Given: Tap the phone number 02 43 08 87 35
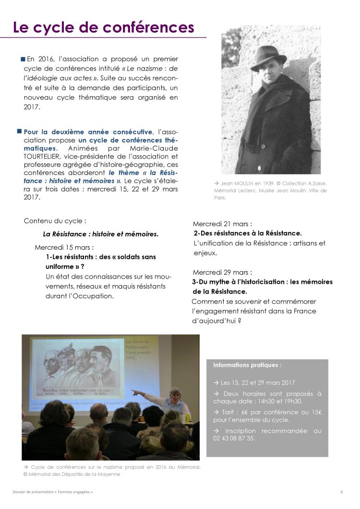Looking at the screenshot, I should click(x=234, y=438).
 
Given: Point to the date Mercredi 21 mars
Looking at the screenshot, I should click(x=222, y=224).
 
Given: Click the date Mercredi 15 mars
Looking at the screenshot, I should click(x=64, y=247).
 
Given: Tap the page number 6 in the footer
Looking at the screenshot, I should click(x=341, y=492).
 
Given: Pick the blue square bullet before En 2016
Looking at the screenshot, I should click(x=23, y=59).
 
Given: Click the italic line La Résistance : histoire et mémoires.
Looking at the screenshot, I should click(x=100, y=234).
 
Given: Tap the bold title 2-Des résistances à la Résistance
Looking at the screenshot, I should click(x=247, y=233).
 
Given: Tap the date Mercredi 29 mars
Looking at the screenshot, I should click(x=222, y=272).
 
